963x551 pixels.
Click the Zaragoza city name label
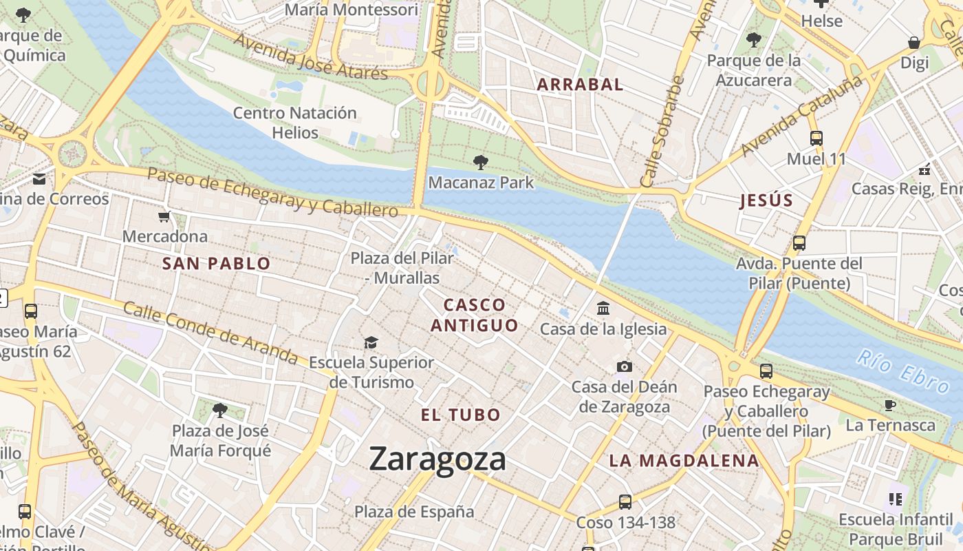pyautogui.click(x=437, y=459)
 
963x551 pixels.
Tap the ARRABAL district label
pyautogui.click(x=580, y=85)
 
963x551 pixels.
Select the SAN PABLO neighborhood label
pyautogui.click(x=216, y=263)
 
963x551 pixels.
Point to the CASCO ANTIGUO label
pyautogui.click(x=475, y=315)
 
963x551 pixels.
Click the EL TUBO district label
pyautogui.click(x=460, y=415)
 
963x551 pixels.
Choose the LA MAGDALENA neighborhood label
pyautogui.click(x=684, y=461)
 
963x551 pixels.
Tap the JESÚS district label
pyautogui.click(x=766, y=201)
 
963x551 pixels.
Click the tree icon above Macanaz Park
pyautogui.click(x=481, y=163)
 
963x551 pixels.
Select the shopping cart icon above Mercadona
pyautogui.click(x=164, y=218)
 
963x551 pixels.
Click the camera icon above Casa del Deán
pyautogui.click(x=624, y=366)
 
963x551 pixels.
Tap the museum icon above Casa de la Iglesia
pyautogui.click(x=603, y=308)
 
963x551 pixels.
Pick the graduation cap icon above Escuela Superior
pyautogui.click(x=371, y=342)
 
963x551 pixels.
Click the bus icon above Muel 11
pyautogui.click(x=816, y=138)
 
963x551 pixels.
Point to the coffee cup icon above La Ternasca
pyautogui.click(x=890, y=405)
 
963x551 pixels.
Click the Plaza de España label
pyautogui.click(x=414, y=512)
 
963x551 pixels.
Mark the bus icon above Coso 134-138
pyautogui.click(x=625, y=502)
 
